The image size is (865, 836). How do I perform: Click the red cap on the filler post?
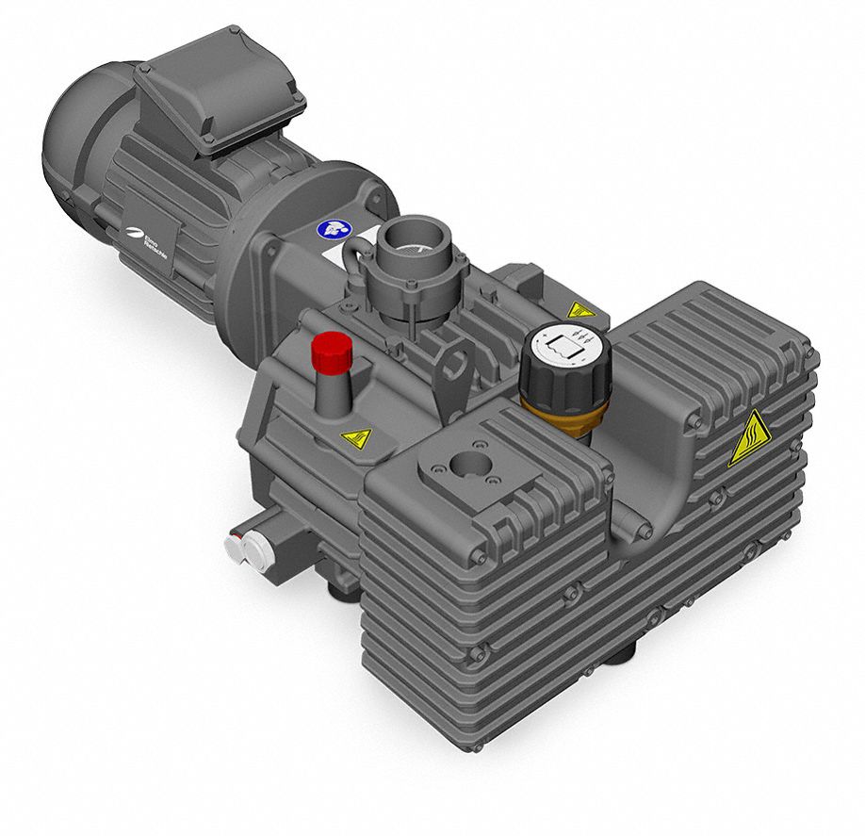click(332, 351)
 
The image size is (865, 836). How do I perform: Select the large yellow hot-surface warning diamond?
click(749, 440)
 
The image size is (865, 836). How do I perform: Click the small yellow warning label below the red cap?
click(355, 437)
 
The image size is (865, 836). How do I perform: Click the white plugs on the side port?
click(244, 550)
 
